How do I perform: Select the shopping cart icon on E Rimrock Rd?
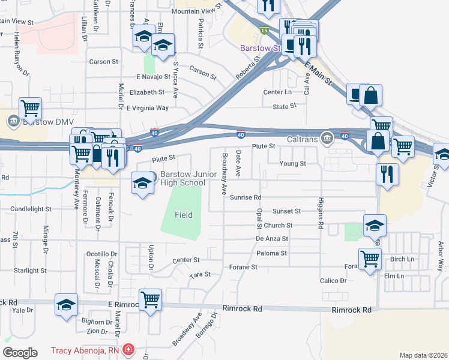pos(149,299)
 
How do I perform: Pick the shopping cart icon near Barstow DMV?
pos(30,107)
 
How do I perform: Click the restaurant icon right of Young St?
pos(387,173)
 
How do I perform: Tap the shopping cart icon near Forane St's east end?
pos(370,258)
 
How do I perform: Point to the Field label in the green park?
pos(184,215)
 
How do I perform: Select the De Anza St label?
pos(272,239)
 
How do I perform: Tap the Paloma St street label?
pos(271,253)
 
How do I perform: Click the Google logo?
pos(20,353)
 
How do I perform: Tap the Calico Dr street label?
pos(334,281)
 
